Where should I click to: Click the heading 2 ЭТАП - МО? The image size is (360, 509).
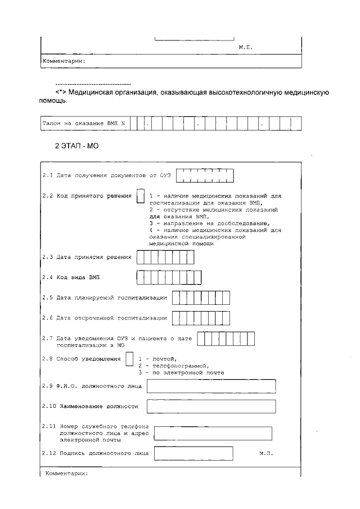click(76, 145)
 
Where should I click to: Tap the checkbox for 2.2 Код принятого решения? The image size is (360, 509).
click(141, 199)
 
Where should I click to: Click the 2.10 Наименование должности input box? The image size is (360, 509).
click(210, 406)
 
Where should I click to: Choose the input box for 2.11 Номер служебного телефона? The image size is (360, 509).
click(213, 433)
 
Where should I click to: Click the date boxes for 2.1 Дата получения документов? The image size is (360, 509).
click(205, 176)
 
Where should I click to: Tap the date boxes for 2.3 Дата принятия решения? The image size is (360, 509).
click(165, 257)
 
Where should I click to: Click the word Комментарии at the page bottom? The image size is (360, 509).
click(66, 474)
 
